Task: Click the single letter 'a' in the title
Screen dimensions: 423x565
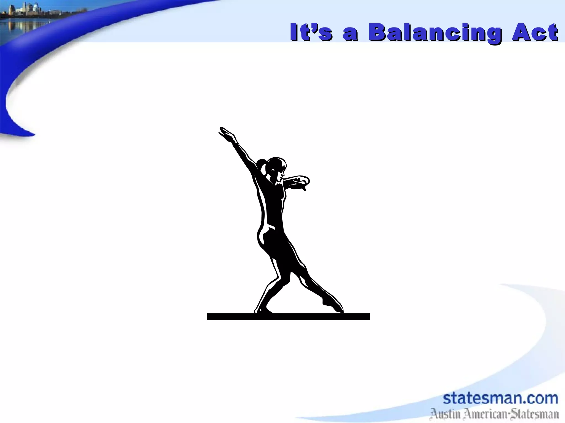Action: [351, 35]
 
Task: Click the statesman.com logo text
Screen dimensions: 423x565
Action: [500, 398]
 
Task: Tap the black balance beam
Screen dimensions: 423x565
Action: [288, 317]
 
